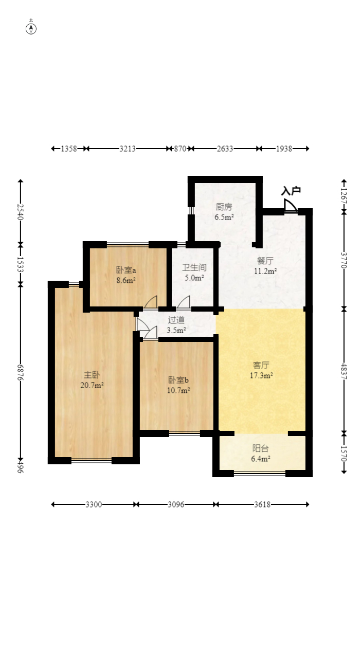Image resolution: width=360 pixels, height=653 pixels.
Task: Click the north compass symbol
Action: [x=31, y=28]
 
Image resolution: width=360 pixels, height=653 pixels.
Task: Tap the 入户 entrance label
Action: [x=291, y=191]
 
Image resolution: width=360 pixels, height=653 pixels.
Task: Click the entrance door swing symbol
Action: [x=291, y=205]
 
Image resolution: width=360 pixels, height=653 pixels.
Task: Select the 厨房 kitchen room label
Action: [x=224, y=207]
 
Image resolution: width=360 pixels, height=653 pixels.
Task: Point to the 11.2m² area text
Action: [x=265, y=271]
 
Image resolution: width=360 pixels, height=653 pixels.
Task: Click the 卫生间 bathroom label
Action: [x=194, y=267]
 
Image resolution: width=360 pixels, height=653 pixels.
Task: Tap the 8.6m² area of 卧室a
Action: [x=126, y=280]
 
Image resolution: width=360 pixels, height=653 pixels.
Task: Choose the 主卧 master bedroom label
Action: [x=92, y=375]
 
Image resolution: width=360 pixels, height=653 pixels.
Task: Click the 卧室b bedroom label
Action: [x=178, y=380]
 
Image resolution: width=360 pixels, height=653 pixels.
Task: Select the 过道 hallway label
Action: [x=176, y=320]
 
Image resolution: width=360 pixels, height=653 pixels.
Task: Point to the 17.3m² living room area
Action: [x=261, y=375]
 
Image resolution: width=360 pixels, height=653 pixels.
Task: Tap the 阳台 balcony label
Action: [x=260, y=448]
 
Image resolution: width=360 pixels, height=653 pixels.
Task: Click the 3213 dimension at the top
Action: [x=128, y=149]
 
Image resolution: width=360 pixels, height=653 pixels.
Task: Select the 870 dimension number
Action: [x=180, y=149]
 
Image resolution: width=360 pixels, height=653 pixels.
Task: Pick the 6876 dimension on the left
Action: [x=20, y=372]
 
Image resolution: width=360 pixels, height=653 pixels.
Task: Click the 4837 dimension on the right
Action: [x=344, y=371]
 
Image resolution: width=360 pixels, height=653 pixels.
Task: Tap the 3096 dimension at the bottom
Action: [x=176, y=504]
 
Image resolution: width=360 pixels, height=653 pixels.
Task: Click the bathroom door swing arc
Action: [x=184, y=302]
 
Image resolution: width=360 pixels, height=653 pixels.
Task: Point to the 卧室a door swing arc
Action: [x=151, y=302]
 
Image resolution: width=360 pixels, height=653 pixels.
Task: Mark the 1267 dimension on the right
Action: [x=344, y=196]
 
